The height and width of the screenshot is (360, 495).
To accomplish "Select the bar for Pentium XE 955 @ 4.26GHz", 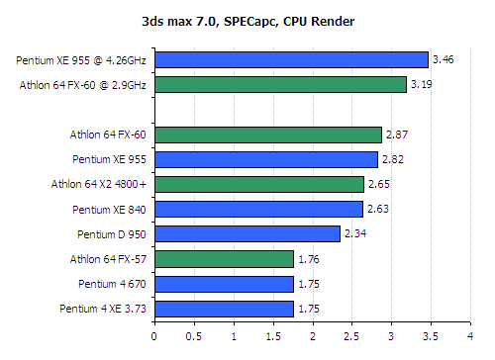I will [x=291, y=60].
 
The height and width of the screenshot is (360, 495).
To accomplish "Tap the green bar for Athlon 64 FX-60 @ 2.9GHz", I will [x=280, y=85].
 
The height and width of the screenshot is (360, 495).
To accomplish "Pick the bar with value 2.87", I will [x=267, y=135].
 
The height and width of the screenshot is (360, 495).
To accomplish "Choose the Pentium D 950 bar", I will [x=247, y=234].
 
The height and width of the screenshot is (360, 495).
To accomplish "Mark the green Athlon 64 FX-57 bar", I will [x=224, y=259].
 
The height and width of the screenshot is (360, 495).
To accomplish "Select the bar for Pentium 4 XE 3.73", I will [x=224, y=309].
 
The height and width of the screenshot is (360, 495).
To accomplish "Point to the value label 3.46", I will [x=444, y=60].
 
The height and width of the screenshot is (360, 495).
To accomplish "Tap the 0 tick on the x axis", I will [x=154, y=335].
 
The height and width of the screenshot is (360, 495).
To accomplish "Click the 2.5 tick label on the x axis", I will [x=351, y=335].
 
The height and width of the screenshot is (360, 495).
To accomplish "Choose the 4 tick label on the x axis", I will [x=470, y=335].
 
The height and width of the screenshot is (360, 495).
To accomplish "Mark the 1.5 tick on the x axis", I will [x=272, y=335].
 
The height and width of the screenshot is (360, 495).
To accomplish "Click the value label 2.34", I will [x=354, y=234].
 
